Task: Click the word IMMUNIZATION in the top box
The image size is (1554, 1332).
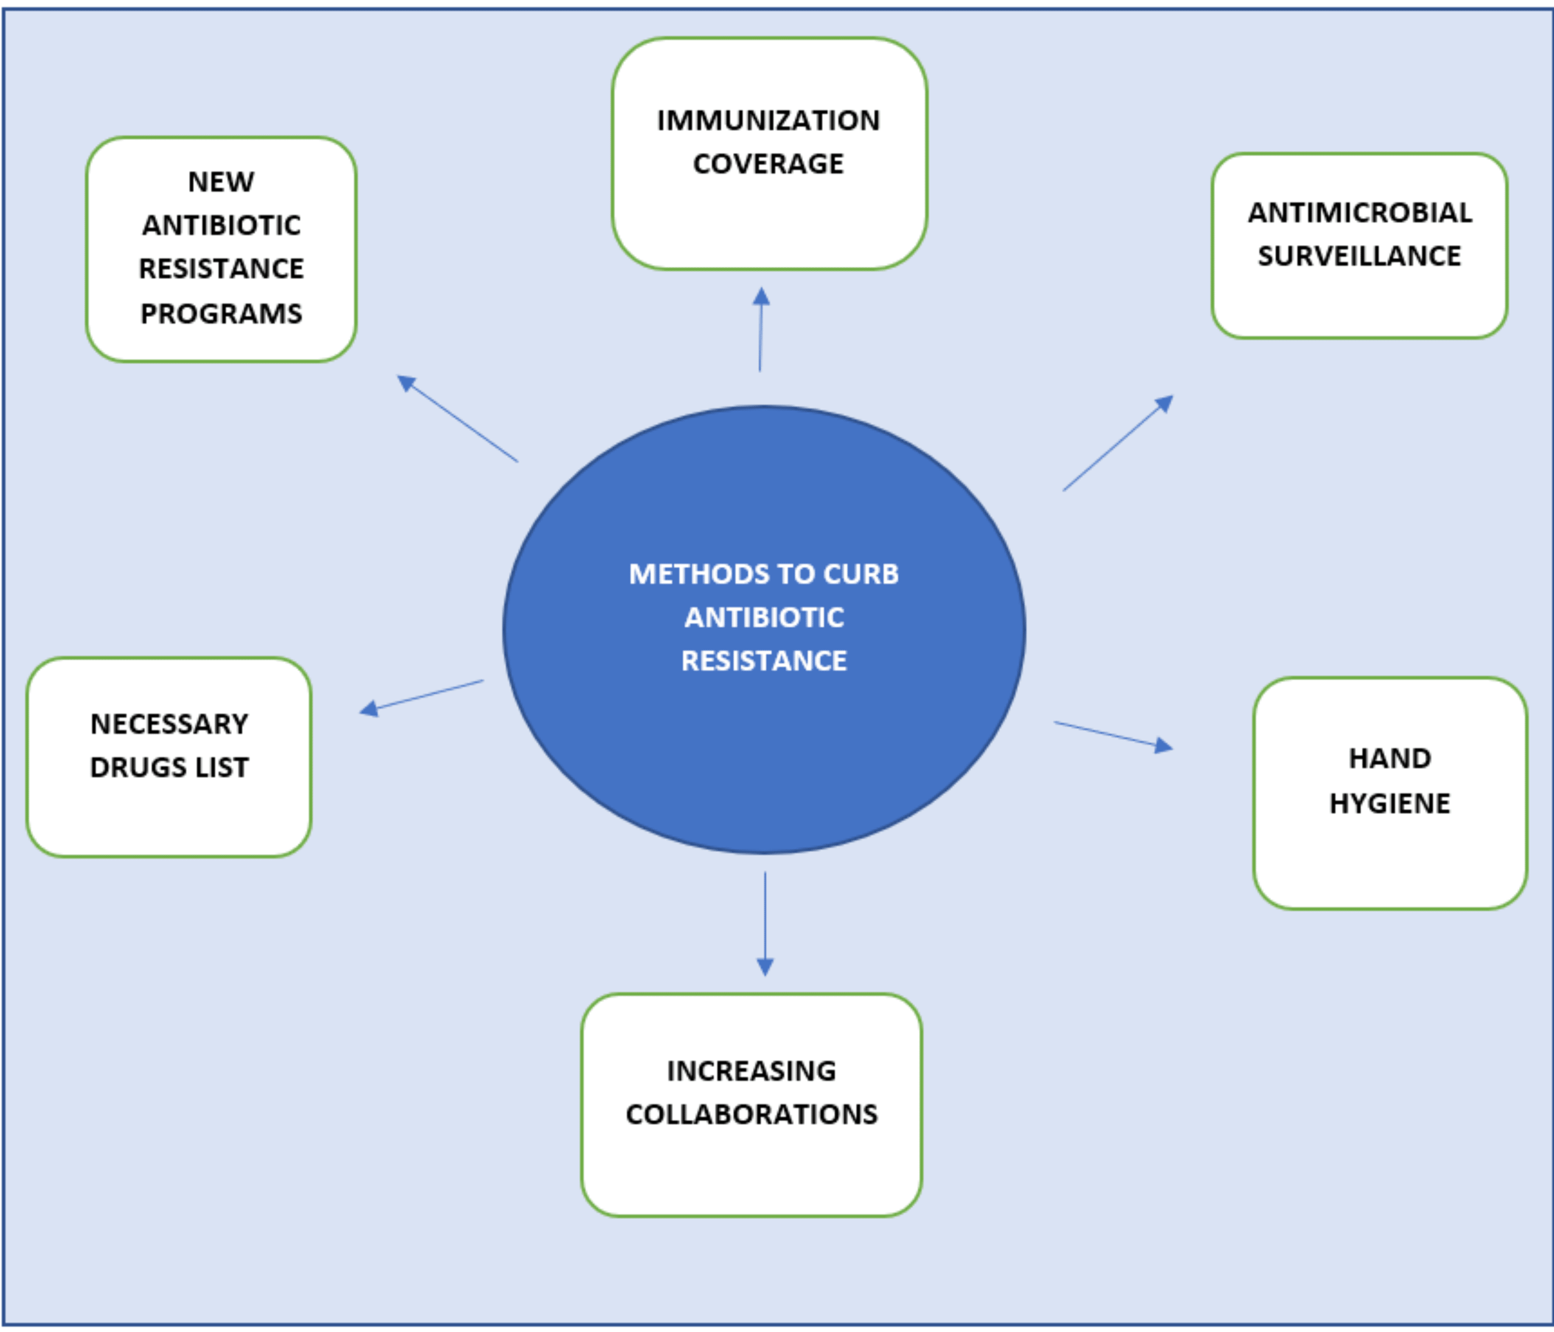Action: click(768, 121)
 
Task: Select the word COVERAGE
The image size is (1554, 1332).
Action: click(768, 164)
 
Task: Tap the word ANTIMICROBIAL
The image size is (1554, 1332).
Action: click(1360, 213)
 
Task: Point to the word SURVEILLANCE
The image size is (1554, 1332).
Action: click(1359, 256)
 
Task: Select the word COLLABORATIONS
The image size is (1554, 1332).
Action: click(752, 1114)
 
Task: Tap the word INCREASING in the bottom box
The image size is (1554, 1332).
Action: click(752, 1071)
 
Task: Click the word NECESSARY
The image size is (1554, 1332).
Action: click(169, 724)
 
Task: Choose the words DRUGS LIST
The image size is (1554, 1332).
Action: click(169, 768)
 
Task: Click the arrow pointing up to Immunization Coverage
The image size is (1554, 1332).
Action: click(760, 330)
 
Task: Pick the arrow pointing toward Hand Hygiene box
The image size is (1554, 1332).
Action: click(1113, 735)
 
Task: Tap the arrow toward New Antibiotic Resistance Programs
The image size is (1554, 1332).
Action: click(457, 419)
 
